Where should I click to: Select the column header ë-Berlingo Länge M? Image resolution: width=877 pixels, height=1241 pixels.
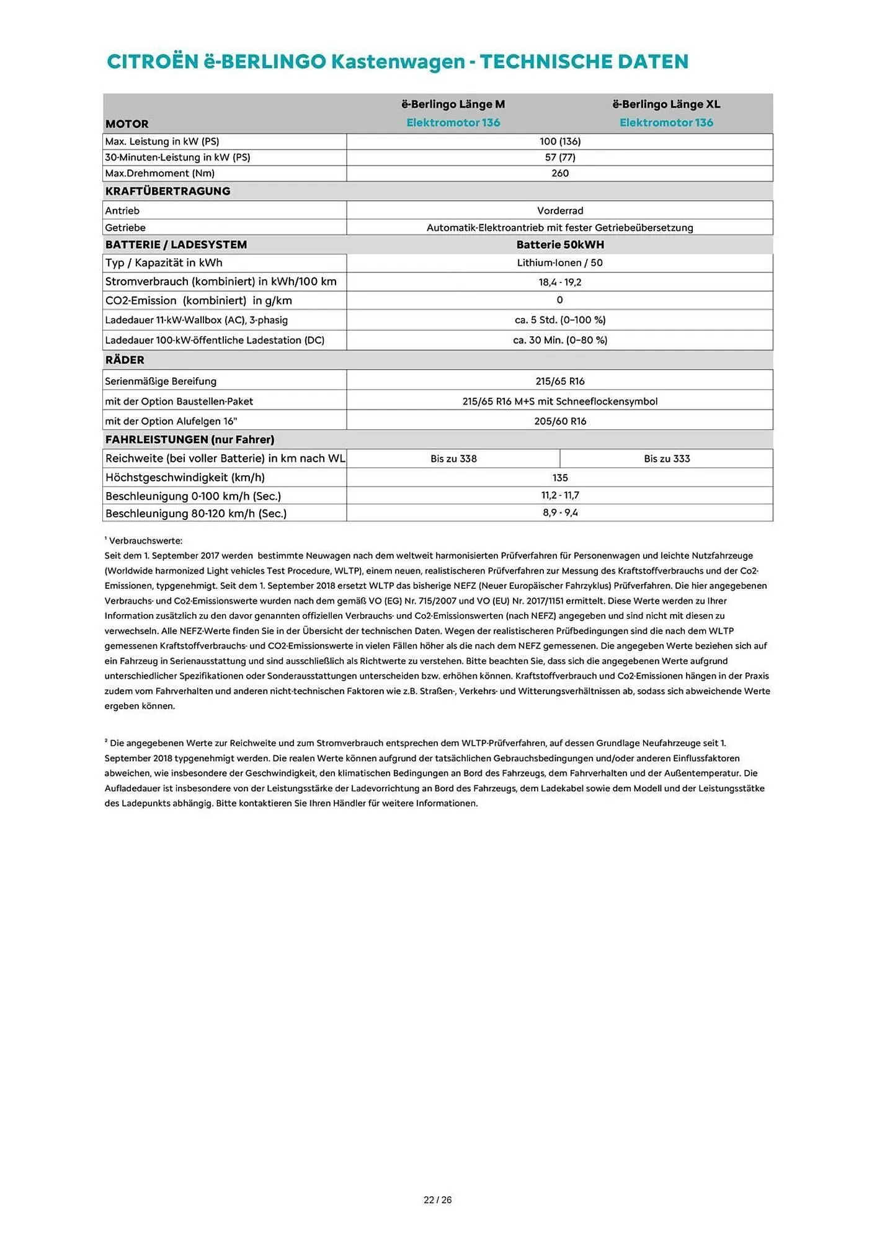(x=453, y=104)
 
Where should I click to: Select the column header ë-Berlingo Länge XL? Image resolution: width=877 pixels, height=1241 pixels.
(x=666, y=104)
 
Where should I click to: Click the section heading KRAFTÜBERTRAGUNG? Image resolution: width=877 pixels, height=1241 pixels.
(x=167, y=191)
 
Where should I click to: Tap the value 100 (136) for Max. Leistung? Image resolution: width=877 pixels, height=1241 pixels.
(x=559, y=141)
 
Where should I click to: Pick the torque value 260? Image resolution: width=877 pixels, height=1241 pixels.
(x=559, y=173)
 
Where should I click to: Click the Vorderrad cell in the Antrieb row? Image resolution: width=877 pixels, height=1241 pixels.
(x=559, y=211)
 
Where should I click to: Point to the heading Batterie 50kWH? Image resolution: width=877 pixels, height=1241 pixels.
(x=559, y=244)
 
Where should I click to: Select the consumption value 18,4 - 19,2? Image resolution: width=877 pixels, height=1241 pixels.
(x=559, y=282)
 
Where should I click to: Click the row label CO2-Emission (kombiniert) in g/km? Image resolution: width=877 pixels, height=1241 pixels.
(x=198, y=301)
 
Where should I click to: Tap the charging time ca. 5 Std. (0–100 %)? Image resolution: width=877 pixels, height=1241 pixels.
(x=559, y=320)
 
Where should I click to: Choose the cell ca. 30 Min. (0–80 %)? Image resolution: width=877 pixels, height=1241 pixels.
(x=559, y=340)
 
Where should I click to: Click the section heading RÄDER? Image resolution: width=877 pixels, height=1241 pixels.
(x=125, y=360)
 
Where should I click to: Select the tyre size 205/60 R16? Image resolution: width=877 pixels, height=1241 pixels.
(x=559, y=421)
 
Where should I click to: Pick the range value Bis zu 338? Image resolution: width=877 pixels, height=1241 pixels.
(x=453, y=459)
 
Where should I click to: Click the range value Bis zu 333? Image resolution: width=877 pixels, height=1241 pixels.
(x=666, y=459)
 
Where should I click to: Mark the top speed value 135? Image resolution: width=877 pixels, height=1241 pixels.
(x=559, y=478)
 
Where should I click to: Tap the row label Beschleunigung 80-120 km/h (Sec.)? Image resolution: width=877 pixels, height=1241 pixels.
(x=196, y=514)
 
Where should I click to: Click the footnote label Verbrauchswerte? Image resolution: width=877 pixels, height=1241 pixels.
(x=146, y=541)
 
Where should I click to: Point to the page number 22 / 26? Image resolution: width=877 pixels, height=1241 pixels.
(x=437, y=1200)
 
